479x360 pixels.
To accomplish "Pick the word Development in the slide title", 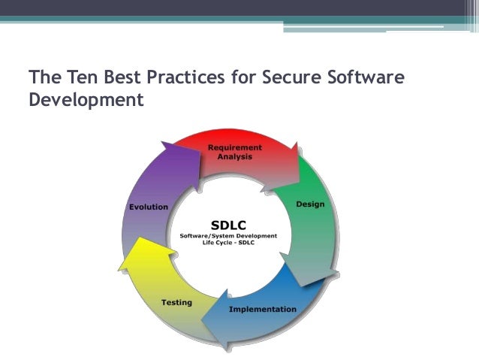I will pyautogui.click(x=85, y=98).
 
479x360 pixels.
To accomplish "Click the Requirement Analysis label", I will pyautogui.click(x=234, y=152).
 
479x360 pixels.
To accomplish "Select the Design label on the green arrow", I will pyautogui.click(x=310, y=204).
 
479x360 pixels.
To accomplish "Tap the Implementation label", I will pyautogui.click(x=262, y=309).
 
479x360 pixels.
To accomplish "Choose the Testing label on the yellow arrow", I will pyautogui.click(x=176, y=302).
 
